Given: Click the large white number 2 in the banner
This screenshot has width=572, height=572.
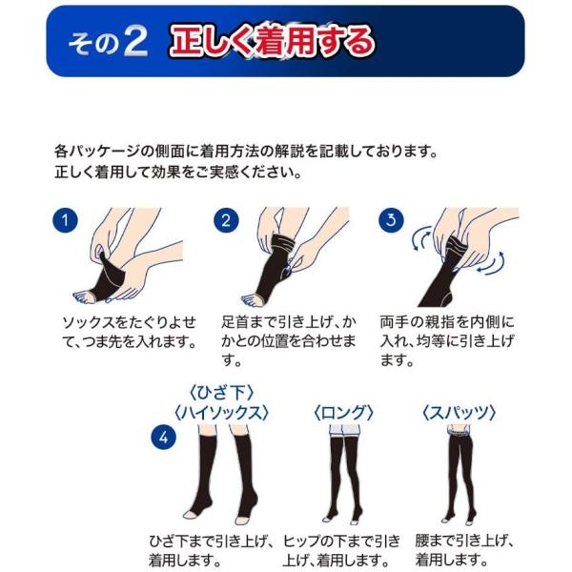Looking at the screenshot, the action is [135, 42].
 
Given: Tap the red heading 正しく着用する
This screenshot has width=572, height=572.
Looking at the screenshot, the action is [272, 42].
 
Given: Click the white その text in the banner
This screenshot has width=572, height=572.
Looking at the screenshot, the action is [93, 44].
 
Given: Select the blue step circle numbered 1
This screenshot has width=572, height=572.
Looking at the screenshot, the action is [65, 220].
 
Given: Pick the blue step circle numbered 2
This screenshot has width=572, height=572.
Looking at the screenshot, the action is [226, 220].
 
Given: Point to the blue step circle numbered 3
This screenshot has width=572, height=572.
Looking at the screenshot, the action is [391, 220].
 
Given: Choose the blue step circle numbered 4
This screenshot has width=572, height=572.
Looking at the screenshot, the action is [163, 438].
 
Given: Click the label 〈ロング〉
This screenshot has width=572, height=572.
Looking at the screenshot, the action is [343, 413].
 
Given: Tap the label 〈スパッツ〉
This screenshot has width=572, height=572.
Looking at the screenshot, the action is [459, 413].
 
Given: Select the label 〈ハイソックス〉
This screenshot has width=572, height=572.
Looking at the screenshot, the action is [221, 413].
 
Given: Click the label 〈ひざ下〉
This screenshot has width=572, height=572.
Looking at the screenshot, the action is [221, 393].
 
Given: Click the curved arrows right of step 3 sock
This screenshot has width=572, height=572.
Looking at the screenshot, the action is [492, 263].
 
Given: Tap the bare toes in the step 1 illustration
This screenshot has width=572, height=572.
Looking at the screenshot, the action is [85, 297].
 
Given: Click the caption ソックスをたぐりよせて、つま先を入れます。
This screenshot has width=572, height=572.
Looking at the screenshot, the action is [130, 333].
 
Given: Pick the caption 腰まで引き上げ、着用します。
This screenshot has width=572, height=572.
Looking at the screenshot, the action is [465, 550].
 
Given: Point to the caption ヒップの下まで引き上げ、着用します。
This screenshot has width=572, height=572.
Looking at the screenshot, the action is [341, 550].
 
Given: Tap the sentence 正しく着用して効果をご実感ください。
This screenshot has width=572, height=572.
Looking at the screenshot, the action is [178, 173].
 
